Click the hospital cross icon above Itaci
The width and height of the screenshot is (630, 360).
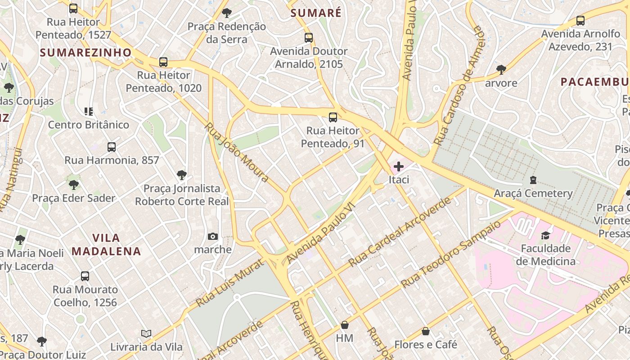pyautogui.click(x=399, y=166)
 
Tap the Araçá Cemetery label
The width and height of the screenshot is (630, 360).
pyautogui.click(x=533, y=193)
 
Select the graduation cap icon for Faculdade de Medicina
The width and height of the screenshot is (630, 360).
pyautogui.click(x=545, y=235)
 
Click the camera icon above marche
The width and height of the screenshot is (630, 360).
pyautogui.click(x=213, y=237)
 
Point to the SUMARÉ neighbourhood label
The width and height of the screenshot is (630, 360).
pyautogui.click(x=316, y=13)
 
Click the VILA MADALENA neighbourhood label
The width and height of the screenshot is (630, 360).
pyautogui.click(x=106, y=244)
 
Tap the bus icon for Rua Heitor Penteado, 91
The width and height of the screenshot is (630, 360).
pyautogui.click(x=333, y=117)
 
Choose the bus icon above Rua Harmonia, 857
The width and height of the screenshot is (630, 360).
pyautogui.click(x=112, y=147)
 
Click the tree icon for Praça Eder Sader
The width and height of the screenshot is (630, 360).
pyautogui.click(x=73, y=185)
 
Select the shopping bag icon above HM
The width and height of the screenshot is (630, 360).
pyautogui.click(x=345, y=325)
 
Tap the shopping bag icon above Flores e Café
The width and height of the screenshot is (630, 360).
pyautogui.click(x=426, y=332)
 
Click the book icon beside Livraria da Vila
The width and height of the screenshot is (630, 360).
pyautogui.click(x=146, y=334)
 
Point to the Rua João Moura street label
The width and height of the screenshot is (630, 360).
pyautogui.click(x=237, y=152)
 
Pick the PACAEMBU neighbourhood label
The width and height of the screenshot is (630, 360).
pyautogui.click(x=594, y=82)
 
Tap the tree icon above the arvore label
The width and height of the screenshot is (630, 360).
pyautogui.click(x=501, y=70)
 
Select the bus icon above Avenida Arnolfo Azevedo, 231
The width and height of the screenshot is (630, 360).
pyautogui.click(x=580, y=21)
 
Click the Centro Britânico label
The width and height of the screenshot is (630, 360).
pyautogui.click(x=89, y=125)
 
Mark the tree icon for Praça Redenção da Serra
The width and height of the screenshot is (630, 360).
pyautogui.click(x=227, y=13)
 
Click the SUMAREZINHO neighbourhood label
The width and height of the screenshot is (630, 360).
pyautogui.click(x=85, y=53)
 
